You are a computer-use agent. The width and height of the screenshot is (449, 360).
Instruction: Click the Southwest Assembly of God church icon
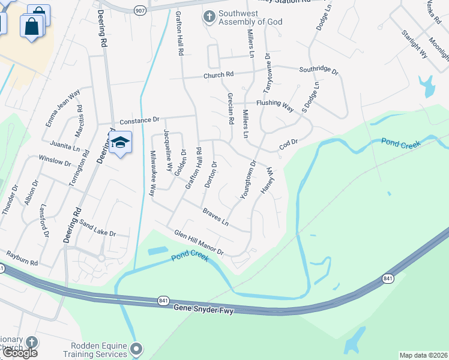pos(209,16)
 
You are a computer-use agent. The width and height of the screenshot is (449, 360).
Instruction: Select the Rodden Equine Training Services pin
pos(137,349)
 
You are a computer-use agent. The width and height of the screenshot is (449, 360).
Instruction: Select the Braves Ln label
pos(215,217)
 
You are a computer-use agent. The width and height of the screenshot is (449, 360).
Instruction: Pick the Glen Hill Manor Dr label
pos(199,242)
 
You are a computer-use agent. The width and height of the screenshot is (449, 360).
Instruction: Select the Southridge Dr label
pos(319,70)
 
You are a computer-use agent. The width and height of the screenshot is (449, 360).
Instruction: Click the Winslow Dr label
pos(55,160)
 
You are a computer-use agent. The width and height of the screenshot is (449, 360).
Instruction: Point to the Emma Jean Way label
pos(62,108)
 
